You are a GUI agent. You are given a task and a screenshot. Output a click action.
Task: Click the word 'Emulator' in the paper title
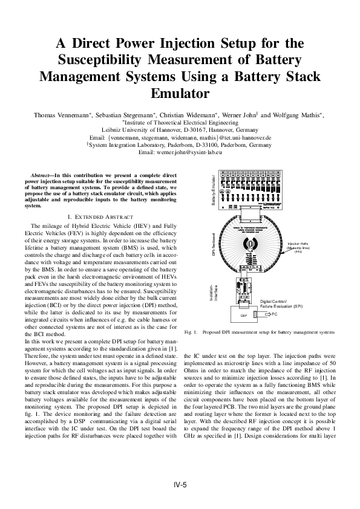click(x=180, y=94)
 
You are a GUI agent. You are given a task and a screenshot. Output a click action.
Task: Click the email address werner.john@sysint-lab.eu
click(x=197, y=154)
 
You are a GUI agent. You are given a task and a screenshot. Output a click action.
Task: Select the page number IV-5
click(x=180, y=485)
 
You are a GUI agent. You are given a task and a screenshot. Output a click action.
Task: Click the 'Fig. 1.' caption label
click(x=191, y=332)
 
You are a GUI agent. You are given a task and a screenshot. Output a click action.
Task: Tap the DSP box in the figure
click(x=244, y=315)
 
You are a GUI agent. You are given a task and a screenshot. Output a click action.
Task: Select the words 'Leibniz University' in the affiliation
click(x=125, y=130)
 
